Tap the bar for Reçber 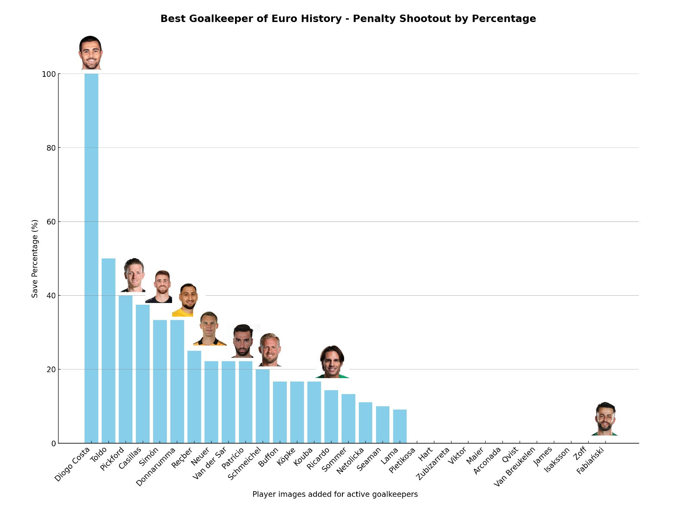click(x=194, y=397)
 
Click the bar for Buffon click(x=280, y=412)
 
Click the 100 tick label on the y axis click(x=48, y=74)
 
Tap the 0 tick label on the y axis click(x=53, y=444)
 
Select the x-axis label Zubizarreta click(x=433, y=464)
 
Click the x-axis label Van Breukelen click(x=514, y=467)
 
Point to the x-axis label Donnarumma click(x=156, y=467)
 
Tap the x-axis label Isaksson click(x=557, y=460)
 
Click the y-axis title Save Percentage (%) click(x=35, y=259)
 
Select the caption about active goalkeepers click(x=335, y=495)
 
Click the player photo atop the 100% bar click(x=91, y=53)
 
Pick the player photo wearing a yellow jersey click(x=188, y=300)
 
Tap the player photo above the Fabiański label click(x=605, y=419)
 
